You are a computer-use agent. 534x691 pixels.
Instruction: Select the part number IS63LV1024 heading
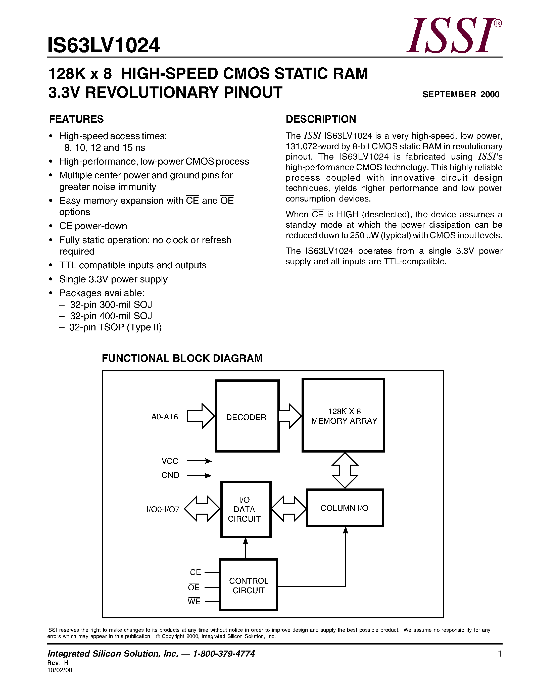pyautogui.click(x=104, y=45)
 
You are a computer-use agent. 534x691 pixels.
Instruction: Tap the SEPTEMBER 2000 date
pyautogui.click(x=461, y=94)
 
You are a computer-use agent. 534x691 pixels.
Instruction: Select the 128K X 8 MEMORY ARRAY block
pyautogui.click(x=344, y=415)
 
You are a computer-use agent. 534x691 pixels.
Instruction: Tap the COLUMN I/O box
pyautogui.click(x=345, y=508)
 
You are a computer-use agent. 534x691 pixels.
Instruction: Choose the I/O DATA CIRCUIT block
pyautogui.click(x=246, y=509)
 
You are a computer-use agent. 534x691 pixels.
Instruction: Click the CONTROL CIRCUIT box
pyautogui.click(x=248, y=585)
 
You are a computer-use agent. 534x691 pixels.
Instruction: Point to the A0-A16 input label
pyautogui.click(x=165, y=417)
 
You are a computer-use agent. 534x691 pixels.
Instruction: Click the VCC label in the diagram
pyautogui.click(x=170, y=461)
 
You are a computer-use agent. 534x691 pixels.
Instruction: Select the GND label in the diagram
pyautogui.click(x=170, y=475)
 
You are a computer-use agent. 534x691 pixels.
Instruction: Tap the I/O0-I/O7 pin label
pyautogui.click(x=163, y=509)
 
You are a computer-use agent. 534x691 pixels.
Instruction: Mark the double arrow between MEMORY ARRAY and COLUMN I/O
pyautogui.click(x=345, y=470)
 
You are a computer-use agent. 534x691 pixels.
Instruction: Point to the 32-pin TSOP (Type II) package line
pyautogui.click(x=115, y=327)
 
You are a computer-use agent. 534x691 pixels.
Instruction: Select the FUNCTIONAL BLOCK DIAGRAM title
pyautogui.click(x=182, y=358)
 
